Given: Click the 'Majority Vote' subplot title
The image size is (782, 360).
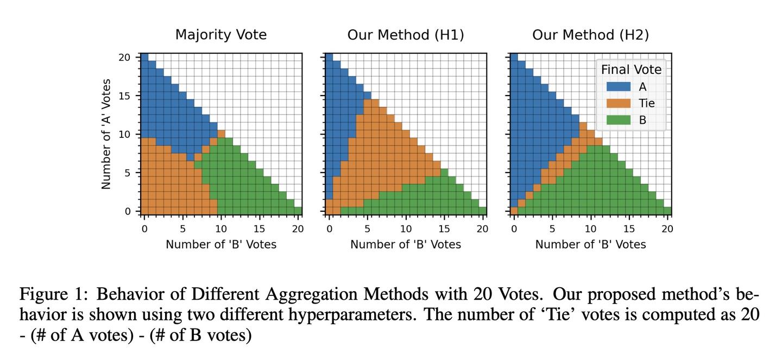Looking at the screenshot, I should tap(220, 35).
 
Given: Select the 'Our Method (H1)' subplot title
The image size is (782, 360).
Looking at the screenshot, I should tap(406, 35).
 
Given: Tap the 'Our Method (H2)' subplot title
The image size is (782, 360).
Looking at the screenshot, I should tap(590, 35).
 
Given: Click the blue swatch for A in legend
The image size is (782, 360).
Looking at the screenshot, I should tap(619, 86).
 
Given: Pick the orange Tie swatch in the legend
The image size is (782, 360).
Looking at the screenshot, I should tap(619, 103).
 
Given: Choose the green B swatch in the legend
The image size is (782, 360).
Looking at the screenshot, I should tap(619, 120).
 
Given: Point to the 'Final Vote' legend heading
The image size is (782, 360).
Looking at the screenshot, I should tap(631, 70).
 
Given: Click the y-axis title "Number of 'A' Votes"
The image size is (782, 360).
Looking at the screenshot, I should tap(106, 134).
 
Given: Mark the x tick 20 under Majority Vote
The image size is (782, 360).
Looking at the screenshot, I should tap(298, 229).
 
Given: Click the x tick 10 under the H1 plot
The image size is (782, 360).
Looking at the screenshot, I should tap(406, 229).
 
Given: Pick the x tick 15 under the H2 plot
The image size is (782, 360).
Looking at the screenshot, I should tap(629, 229).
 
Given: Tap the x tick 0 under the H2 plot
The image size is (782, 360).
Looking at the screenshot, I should tap(514, 229).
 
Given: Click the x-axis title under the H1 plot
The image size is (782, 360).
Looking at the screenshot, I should tap(406, 244).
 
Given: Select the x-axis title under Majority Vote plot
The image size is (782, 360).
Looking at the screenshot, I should tap(220, 244).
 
